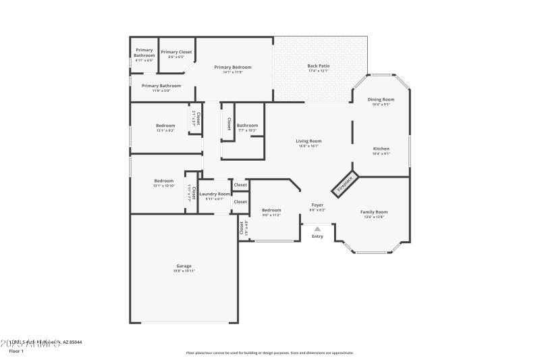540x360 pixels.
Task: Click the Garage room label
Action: [184, 266]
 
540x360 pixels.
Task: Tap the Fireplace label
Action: [345, 184]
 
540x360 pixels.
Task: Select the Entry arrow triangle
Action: [317, 229]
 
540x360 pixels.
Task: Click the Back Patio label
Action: [318, 66]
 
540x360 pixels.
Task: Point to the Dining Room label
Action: [381, 99]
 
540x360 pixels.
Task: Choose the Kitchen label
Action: [381, 149]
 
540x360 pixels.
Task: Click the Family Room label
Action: [376, 211]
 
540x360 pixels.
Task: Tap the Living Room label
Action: [308, 141]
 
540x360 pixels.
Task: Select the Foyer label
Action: [317, 205]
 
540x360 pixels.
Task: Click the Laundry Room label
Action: [215, 194]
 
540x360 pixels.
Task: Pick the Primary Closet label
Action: [176, 52]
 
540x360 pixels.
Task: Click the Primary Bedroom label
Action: [233, 67]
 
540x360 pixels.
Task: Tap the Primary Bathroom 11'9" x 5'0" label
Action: [161, 86]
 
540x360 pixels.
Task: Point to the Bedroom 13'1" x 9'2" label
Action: [165, 126]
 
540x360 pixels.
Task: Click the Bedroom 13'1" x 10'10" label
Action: [164, 181]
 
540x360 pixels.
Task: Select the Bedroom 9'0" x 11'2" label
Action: [271, 210]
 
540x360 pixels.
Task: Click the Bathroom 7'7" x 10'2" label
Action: [247, 125]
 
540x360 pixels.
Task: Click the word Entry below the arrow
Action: [317, 236]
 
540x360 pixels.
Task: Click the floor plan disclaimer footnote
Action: [269, 353]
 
